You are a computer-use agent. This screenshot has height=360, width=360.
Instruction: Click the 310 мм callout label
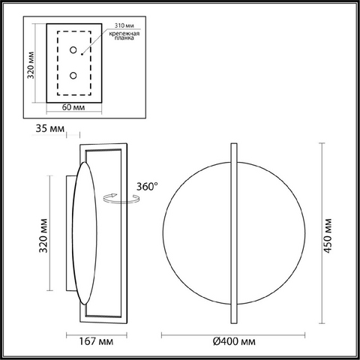point(124,25)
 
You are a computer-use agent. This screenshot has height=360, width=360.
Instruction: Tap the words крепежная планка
point(124,35)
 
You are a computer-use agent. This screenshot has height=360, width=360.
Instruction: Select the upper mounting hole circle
point(73,50)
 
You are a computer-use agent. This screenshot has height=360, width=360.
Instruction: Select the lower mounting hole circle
point(73,75)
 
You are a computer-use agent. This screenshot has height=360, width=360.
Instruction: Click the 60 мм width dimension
point(73,107)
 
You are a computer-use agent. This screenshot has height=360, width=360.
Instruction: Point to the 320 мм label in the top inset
point(31,65)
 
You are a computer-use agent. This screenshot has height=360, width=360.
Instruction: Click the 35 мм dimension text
point(50,128)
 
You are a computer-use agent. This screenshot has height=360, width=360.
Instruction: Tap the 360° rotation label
point(147,186)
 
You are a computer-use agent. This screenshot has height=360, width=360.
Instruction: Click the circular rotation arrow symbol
point(121,198)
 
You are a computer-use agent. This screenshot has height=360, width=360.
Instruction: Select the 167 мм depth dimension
point(96,341)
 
